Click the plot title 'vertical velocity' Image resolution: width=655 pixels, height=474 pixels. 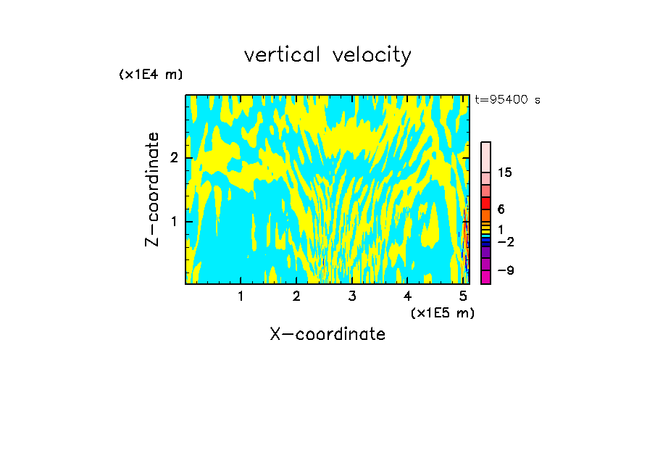(327, 55)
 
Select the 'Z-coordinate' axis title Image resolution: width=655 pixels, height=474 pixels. (152, 189)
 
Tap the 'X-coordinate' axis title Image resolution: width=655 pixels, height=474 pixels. (327, 334)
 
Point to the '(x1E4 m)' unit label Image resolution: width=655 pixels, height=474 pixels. (151, 75)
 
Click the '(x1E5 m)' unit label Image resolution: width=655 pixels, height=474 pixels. (442, 312)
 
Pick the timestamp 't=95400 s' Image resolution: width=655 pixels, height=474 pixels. (507, 100)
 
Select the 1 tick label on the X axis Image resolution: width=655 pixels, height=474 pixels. (241, 296)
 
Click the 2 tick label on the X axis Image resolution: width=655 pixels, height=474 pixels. (296, 296)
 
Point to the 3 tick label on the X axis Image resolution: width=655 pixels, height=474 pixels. (352, 296)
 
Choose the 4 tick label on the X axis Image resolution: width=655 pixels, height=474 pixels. (408, 296)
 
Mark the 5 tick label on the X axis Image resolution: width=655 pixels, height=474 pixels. (464, 296)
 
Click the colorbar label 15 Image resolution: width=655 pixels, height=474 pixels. (505, 172)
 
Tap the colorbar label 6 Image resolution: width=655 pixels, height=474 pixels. (501, 209)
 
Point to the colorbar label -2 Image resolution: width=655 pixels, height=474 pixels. (505, 241)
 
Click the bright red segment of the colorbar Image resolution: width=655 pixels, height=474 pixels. (486, 204)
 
